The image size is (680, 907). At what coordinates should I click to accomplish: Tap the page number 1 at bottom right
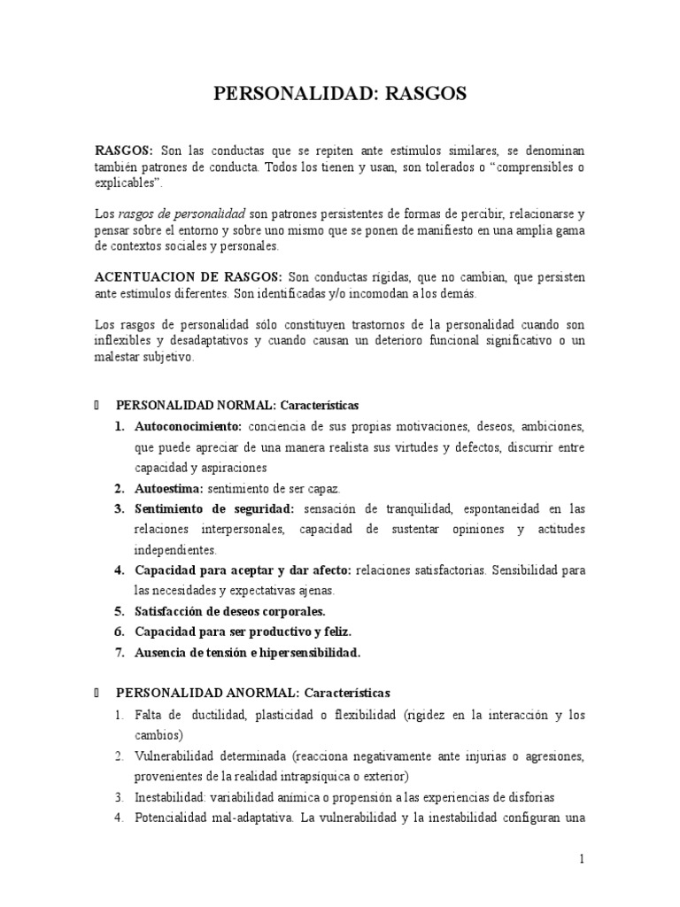pos(582,858)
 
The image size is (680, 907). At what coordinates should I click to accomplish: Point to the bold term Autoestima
pos(168,488)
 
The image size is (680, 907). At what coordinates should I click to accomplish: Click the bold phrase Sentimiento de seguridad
pos(214,508)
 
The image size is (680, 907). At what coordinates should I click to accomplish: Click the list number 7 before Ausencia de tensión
pos(119,653)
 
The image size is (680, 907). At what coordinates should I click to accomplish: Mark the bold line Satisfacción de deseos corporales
pos(230,611)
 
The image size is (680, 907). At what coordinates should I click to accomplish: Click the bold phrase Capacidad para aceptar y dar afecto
pos(243,570)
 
